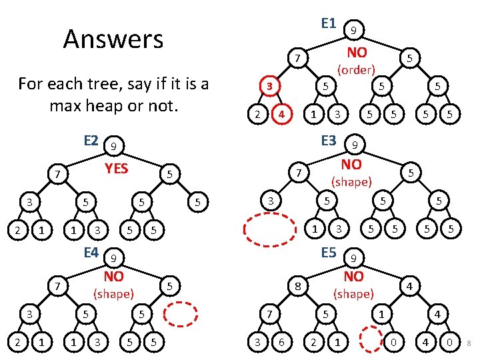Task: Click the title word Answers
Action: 113,39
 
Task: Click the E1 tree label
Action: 327,23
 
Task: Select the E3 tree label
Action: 328,141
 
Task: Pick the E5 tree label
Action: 328,253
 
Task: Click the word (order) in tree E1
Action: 356,69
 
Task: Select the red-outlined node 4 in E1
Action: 283,113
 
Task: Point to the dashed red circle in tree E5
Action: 368,341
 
